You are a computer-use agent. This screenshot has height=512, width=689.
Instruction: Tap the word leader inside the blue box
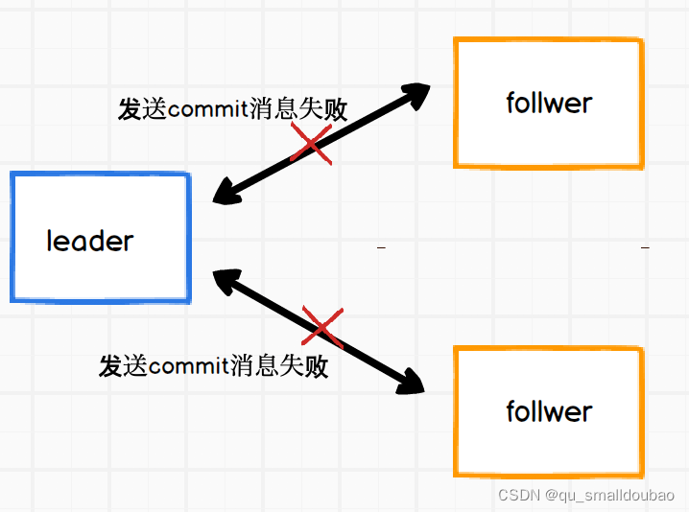click(x=90, y=241)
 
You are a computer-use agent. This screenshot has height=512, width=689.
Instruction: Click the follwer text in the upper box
click(x=549, y=103)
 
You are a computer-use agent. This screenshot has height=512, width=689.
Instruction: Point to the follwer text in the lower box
click(x=549, y=411)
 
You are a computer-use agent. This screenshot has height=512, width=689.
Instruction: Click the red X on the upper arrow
click(x=311, y=146)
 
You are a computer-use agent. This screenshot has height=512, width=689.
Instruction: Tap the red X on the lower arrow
click(x=322, y=327)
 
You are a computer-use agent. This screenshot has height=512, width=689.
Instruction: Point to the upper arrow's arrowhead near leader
click(x=226, y=193)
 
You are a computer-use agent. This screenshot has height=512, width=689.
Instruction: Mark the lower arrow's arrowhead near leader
click(x=226, y=280)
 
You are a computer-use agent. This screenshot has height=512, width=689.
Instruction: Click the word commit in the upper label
click(x=206, y=109)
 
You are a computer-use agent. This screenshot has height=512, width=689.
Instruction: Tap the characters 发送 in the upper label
click(x=142, y=109)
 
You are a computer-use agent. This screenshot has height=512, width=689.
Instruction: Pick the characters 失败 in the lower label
click(x=304, y=365)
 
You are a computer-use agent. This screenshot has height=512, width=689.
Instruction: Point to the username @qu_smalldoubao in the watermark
click(x=610, y=495)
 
